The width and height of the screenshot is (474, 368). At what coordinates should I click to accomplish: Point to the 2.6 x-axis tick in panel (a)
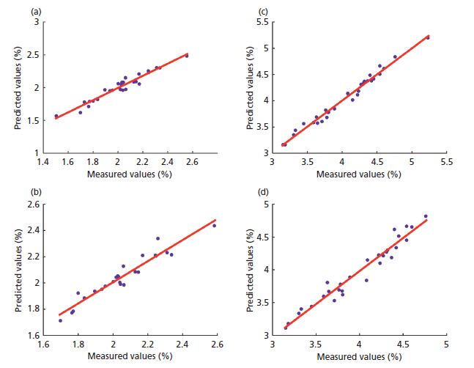tap(192, 163)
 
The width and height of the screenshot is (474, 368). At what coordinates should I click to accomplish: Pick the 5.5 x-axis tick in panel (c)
tap(445, 163)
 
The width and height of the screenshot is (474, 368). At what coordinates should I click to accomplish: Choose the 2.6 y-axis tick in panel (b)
tap(34, 205)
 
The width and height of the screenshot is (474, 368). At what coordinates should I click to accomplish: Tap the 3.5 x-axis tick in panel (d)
tap(316, 345)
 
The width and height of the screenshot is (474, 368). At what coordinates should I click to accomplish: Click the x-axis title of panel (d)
tap(359, 356)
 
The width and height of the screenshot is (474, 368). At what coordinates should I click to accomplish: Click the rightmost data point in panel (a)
tap(187, 55)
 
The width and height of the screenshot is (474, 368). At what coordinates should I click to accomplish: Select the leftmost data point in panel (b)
tap(60, 320)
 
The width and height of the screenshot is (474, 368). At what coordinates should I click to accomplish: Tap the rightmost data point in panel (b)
tap(214, 225)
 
